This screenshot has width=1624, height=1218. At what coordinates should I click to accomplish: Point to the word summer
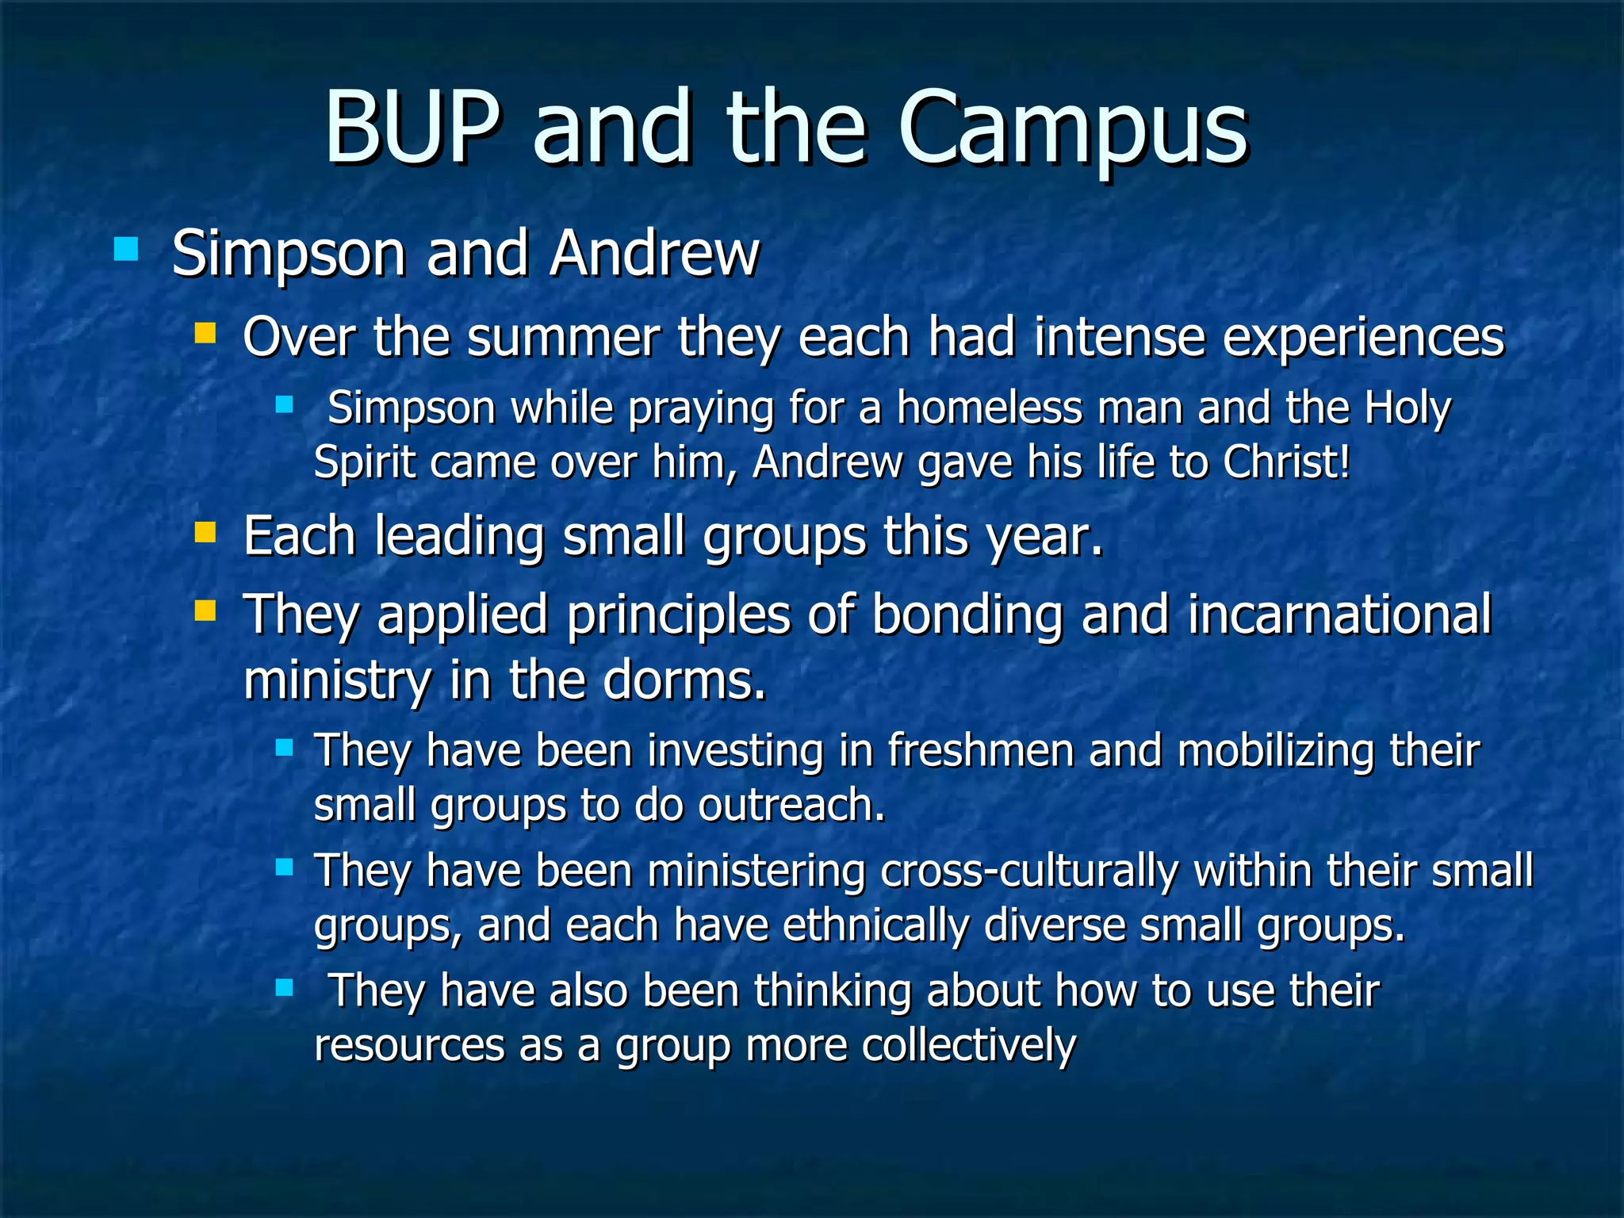[563, 338]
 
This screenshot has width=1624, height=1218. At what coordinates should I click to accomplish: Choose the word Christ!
[1285, 463]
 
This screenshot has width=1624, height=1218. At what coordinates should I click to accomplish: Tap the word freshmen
[980, 751]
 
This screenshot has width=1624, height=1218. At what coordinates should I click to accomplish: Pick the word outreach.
[791, 806]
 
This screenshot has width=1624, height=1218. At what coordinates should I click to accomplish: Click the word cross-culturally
[1029, 871]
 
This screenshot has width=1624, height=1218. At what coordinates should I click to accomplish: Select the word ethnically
[875, 926]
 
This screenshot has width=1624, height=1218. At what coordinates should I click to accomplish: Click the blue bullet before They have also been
[284, 988]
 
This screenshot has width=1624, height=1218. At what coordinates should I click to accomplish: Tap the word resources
[409, 1046]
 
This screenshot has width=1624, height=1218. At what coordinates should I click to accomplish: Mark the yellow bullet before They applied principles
[205, 611]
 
